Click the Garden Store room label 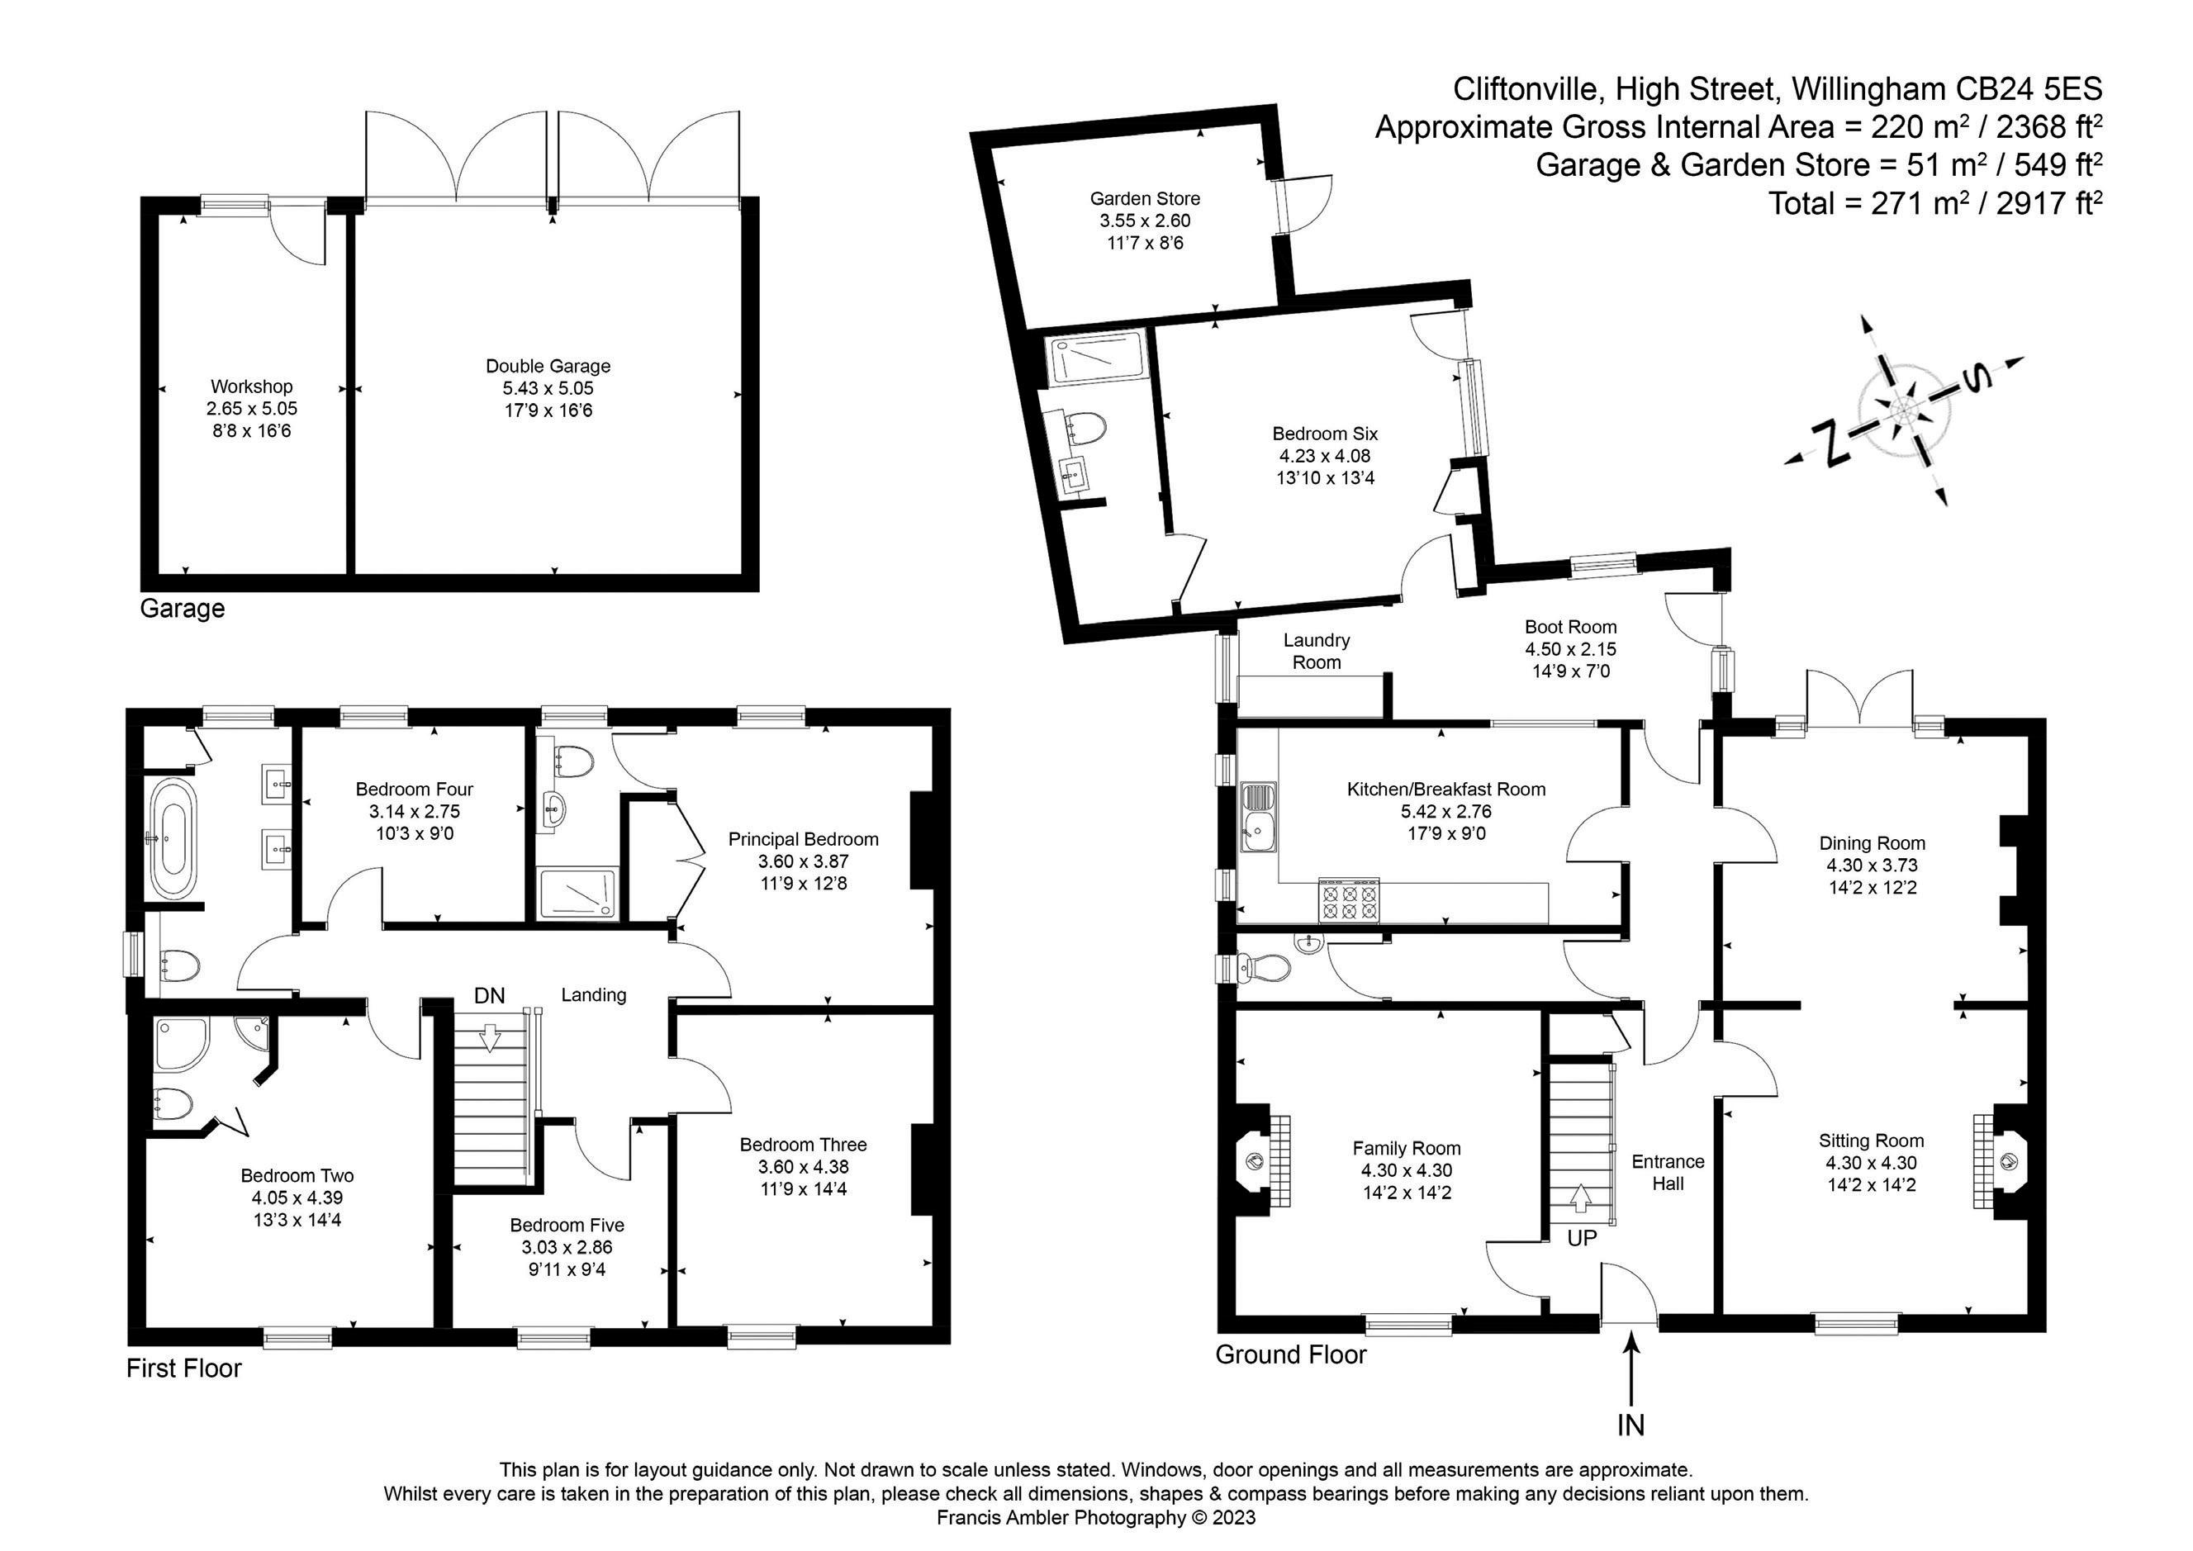tap(1144, 199)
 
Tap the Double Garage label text tap(548, 366)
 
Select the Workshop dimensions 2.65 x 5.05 tap(251, 409)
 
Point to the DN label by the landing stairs tap(489, 995)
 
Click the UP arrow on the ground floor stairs tap(1581, 1198)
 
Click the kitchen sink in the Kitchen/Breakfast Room tap(1258, 817)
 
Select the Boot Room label tap(1570, 627)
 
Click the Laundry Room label tap(1316, 651)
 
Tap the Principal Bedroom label tap(803, 839)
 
